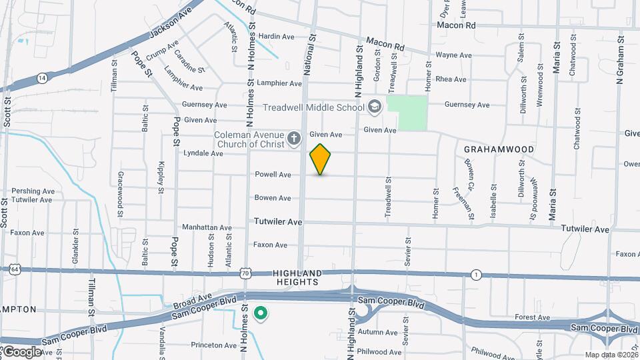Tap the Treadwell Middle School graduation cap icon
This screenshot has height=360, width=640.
pyautogui.click(x=375, y=107)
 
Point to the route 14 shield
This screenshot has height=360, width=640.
pyautogui.click(x=42, y=78)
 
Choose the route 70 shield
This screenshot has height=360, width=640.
pyautogui.click(x=247, y=273)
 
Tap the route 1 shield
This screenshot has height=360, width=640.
pyautogui.click(x=475, y=275)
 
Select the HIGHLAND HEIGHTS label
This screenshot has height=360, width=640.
pyautogui.click(x=297, y=278)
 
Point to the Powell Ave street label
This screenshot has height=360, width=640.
pyautogui.click(x=273, y=175)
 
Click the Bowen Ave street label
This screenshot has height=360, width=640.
pyautogui.click(x=273, y=198)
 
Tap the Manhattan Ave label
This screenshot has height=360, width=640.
pyautogui.click(x=207, y=227)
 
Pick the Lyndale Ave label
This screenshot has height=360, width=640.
pyautogui.click(x=203, y=153)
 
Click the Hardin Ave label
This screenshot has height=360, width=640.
pyautogui.click(x=276, y=37)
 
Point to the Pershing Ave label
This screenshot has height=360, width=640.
pyautogui.click(x=33, y=191)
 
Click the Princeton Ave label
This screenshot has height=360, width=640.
pyautogui.click(x=213, y=345)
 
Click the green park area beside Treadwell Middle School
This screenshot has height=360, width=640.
pyautogui.click(x=407, y=112)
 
